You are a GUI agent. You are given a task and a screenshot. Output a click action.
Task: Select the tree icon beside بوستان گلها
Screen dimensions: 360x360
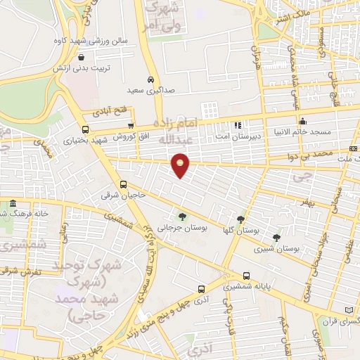[x=240, y=219]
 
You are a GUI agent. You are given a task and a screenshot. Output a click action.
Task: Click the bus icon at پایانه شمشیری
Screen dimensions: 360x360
[x=246, y=276]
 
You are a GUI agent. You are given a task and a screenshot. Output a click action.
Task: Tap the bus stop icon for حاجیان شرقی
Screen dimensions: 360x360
[x=124, y=185]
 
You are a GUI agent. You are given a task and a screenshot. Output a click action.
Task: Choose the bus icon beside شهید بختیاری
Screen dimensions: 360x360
[x=85, y=129]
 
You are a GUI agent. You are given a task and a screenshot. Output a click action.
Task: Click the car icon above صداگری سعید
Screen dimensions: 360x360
[x=150, y=79]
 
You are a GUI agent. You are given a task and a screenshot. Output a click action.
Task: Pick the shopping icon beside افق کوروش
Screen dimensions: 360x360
[x=131, y=125]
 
